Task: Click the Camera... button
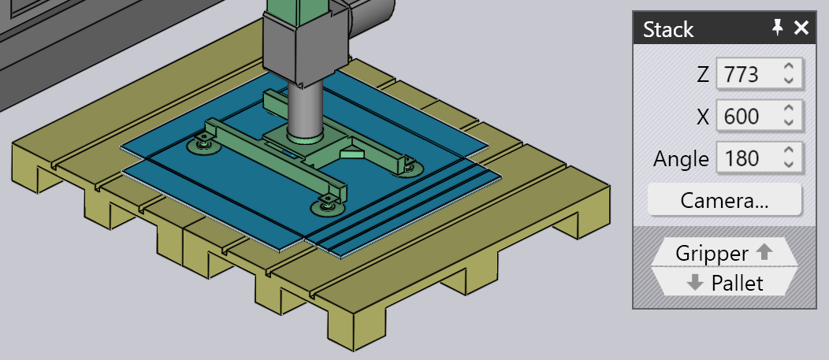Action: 724,200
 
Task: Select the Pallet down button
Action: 724,283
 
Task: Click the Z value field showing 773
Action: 759,75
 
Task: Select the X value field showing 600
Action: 759,116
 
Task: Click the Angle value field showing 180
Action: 759,158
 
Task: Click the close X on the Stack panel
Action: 801,28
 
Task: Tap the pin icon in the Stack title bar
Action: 777,28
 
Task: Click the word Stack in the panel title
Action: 668,30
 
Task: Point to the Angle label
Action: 681,158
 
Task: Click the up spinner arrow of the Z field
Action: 789,67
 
